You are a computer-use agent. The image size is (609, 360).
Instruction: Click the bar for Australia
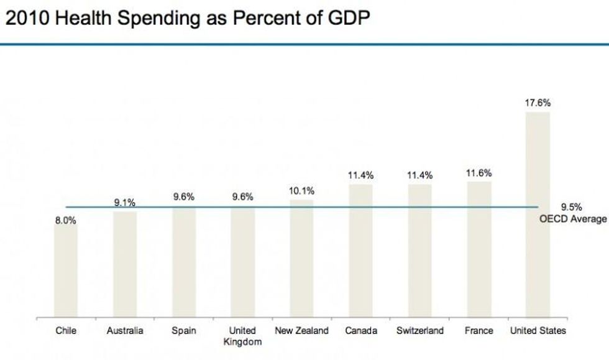[x=124, y=265]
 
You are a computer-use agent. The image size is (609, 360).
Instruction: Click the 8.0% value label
[x=65, y=220]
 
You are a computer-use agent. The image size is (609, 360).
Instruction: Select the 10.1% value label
[x=301, y=191]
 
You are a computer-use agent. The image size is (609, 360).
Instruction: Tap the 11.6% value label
[x=479, y=173]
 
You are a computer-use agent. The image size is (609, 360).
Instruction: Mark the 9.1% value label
[x=124, y=203]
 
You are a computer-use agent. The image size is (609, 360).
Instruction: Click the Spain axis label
[x=183, y=331]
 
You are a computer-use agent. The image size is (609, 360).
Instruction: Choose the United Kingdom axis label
[x=242, y=336]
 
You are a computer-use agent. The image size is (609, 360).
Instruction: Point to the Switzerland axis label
[x=420, y=331]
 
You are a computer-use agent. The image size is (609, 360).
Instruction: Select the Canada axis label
[x=361, y=331]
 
